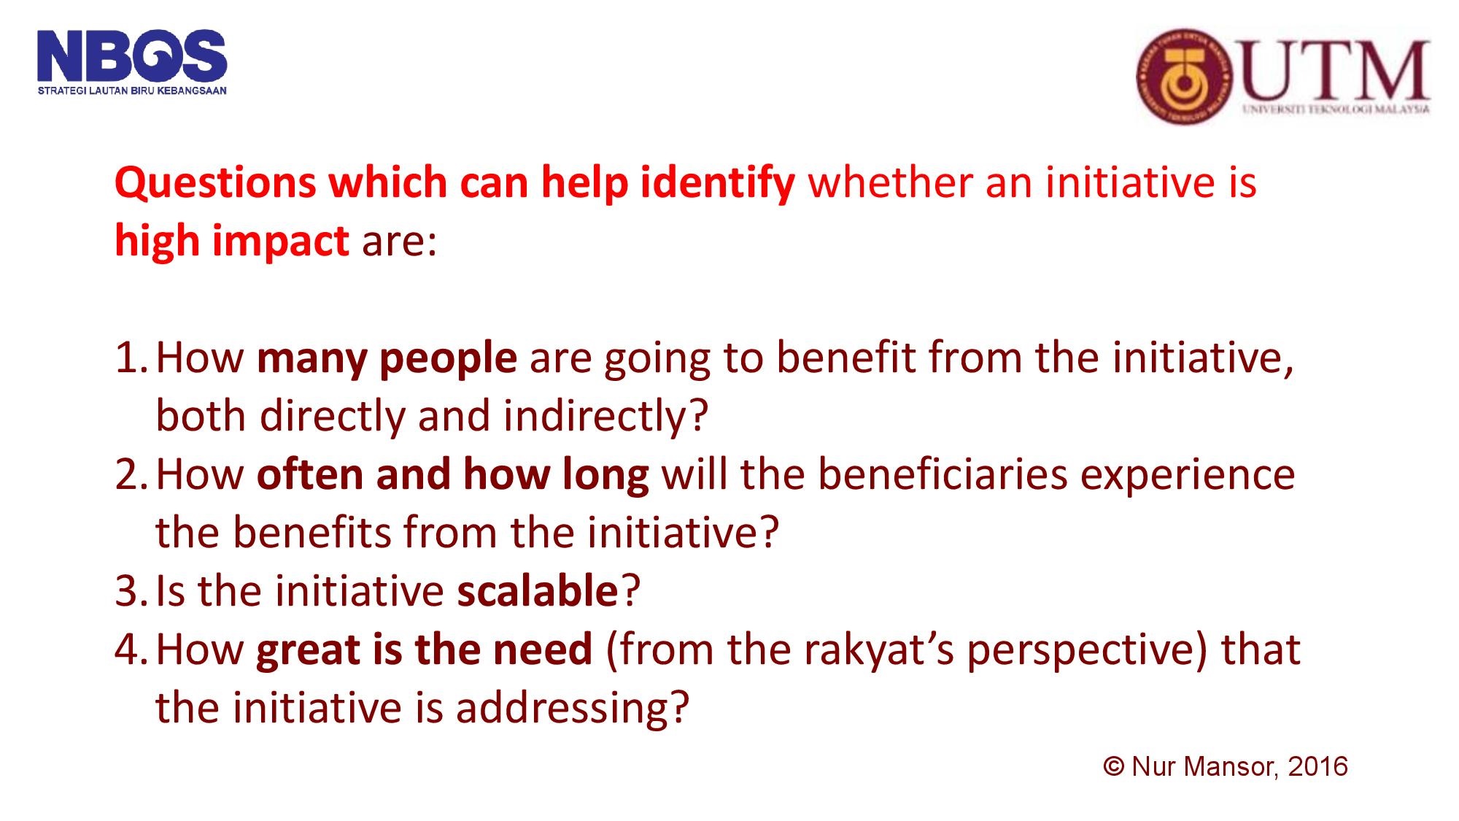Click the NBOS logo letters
(x=132, y=57)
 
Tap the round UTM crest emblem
(x=1183, y=77)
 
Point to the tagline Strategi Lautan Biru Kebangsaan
(x=132, y=91)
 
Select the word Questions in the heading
(x=215, y=182)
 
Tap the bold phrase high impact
(x=232, y=241)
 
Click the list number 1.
(x=128, y=358)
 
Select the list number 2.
(x=129, y=474)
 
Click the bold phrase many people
(x=387, y=358)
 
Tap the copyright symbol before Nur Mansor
(x=1113, y=767)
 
